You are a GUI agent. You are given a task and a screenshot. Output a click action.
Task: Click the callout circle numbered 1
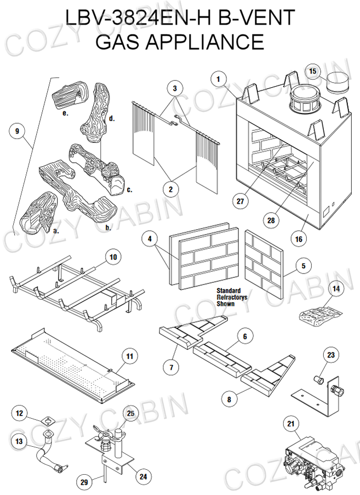tap(218, 79)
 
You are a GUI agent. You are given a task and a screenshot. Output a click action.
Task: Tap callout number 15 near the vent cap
tap(313, 71)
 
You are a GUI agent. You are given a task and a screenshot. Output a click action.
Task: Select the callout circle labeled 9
tap(18, 132)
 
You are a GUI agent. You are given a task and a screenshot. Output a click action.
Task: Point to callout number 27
tap(239, 201)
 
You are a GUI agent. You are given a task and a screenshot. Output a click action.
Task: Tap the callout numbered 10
tap(113, 257)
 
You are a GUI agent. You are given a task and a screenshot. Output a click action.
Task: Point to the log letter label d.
tap(111, 118)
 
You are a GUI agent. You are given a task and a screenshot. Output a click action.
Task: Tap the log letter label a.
tap(56, 231)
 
